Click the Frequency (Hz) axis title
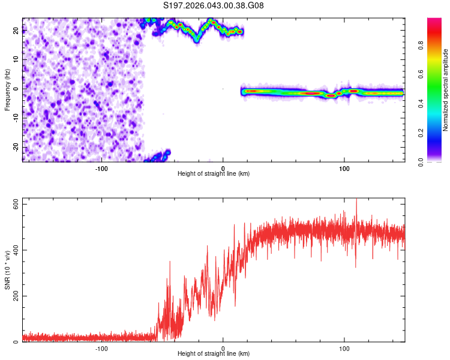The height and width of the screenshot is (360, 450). pyautogui.click(x=8, y=90)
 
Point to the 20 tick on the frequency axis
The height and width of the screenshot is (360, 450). pyautogui.click(x=17, y=31)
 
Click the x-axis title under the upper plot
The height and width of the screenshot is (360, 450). pyautogui.click(x=214, y=173)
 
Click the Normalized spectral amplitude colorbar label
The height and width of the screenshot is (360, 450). pyautogui.click(x=445, y=90)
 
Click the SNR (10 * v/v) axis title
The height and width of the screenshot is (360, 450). pyautogui.click(x=8, y=270)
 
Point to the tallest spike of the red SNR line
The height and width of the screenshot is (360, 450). pyautogui.click(x=356, y=199)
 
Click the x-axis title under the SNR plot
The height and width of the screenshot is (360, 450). pyautogui.click(x=214, y=353)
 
